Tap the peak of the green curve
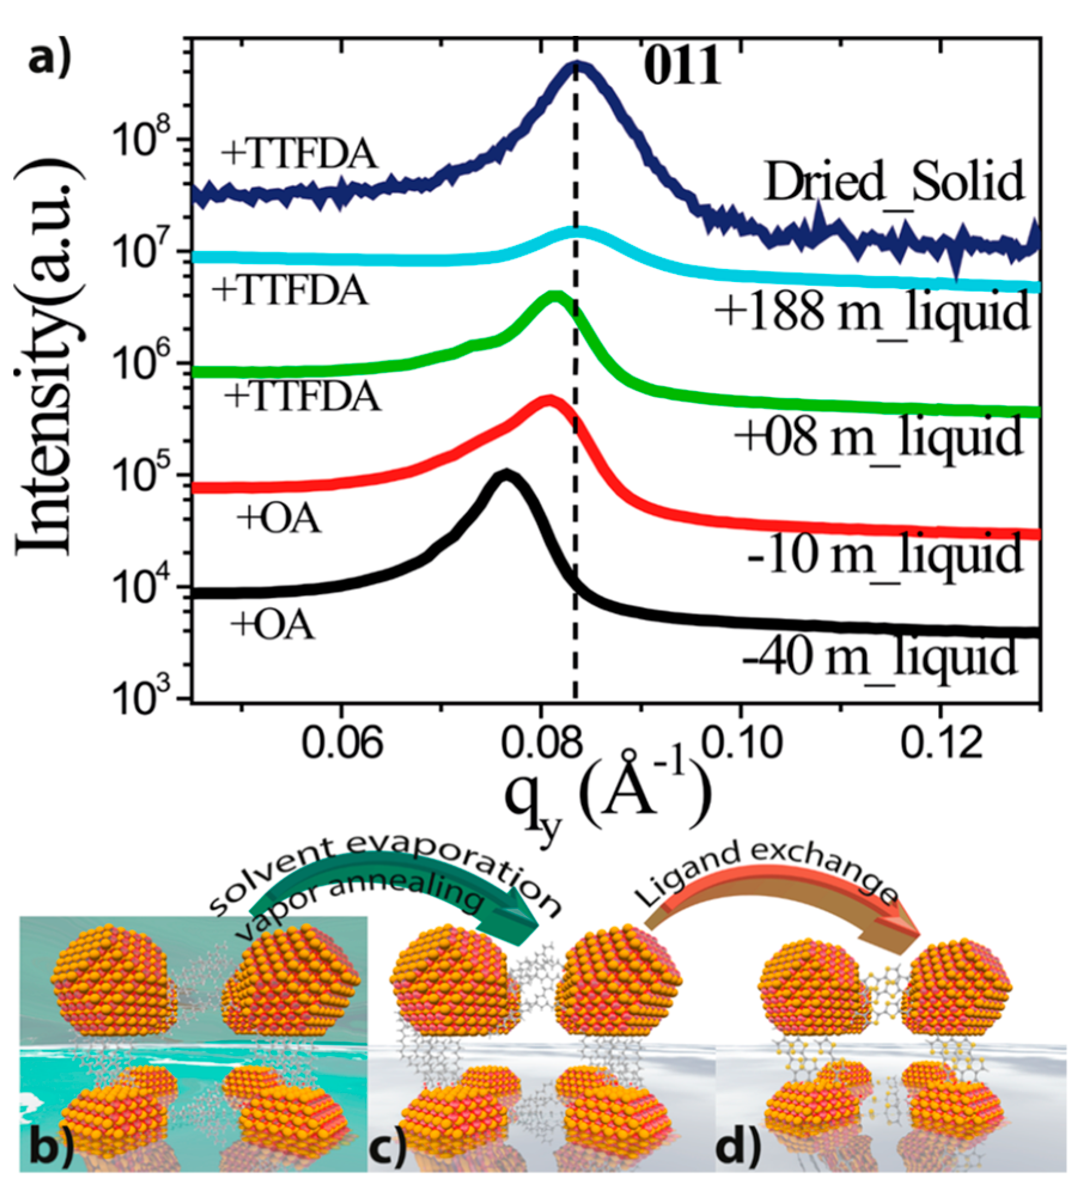tap(555, 296)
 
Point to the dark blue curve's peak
tap(576, 67)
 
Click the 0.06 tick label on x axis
tap(341, 744)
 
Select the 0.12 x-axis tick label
tap(941, 744)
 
